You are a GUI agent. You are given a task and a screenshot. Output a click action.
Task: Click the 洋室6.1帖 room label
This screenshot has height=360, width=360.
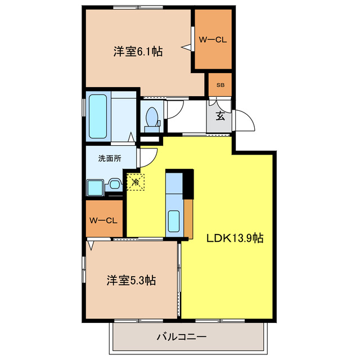click(x=138, y=52)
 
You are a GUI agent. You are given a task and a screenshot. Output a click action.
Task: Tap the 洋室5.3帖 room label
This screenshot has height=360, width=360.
click(x=131, y=280)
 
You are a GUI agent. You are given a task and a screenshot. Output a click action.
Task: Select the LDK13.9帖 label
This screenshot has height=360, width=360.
click(x=235, y=238)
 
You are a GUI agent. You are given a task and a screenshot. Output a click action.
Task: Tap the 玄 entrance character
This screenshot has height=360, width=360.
click(x=220, y=117)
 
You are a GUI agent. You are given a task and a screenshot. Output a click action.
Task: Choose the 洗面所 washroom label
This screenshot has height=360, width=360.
click(x=109, y=159)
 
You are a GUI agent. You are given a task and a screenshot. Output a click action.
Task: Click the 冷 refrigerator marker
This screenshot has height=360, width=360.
click(x=135, y=182)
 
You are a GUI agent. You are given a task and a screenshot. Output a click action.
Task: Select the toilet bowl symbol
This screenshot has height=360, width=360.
click(x=151, y=118)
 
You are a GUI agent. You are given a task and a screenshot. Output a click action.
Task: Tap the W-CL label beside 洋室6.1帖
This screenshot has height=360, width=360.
click(x=213, y=39)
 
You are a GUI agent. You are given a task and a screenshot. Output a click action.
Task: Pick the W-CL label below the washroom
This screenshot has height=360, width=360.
click(x=104, y=219)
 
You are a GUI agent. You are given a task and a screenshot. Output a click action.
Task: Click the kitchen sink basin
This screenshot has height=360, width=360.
click(x=173, y=219)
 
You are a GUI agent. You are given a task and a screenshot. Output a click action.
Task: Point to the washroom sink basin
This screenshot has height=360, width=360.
click(x=115, y=183)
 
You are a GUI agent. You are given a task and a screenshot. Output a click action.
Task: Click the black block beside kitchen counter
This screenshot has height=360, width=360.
click(x=189, y=183)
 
